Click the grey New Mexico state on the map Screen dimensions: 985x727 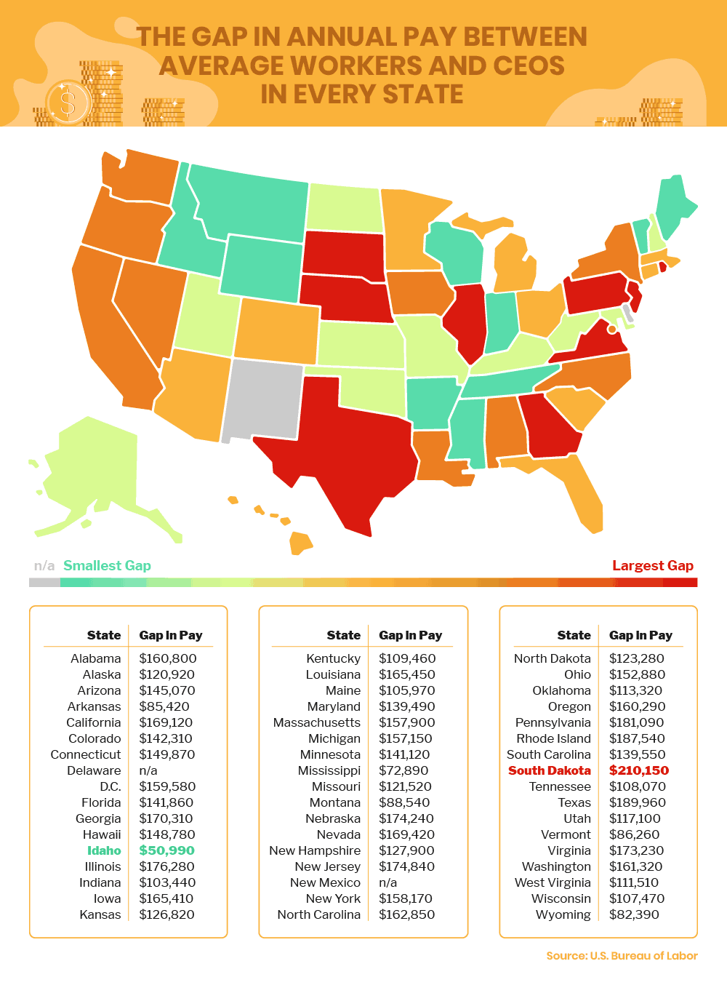[x=262, y=400]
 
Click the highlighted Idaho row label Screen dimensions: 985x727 [x=104, y=850]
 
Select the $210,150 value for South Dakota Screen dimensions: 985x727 [x=638, y=770]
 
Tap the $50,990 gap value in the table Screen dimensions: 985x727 [x=166, y=850]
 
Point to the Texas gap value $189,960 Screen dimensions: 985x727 [x=637, y=802]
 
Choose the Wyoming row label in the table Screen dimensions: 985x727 [x=563, y=914]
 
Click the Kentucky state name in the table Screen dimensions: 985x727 [x=333, y=658]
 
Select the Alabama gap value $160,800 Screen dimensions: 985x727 [x=167, y=658]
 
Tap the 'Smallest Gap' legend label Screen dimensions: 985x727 [x=107, y=565]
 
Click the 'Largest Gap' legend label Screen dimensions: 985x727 [x=652, y=565]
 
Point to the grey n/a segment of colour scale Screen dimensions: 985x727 [x=44, y=582]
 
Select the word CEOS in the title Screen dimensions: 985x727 [x=529, y=65]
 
